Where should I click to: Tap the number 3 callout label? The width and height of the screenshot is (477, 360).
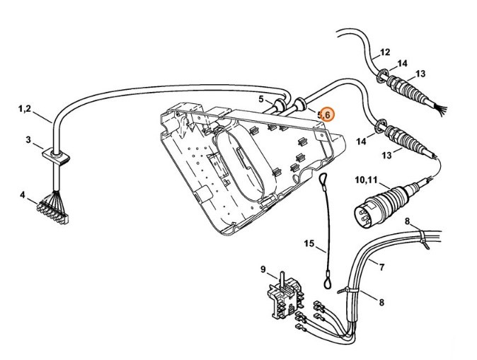coord(29,140)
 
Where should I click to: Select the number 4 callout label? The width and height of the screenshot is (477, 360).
coord(22,194)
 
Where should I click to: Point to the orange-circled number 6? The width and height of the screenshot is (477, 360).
coord(328,113)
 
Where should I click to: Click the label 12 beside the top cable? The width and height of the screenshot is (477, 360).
coord(385,52)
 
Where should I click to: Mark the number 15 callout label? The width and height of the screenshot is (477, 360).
coord(309,245)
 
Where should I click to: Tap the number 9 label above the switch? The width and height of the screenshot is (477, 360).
coord(263,269)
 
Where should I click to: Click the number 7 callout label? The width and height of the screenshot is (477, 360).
coord(401,267)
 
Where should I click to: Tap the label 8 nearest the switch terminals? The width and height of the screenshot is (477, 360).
coord(381,303)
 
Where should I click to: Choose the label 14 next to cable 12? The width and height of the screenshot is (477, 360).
coord(401,64)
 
